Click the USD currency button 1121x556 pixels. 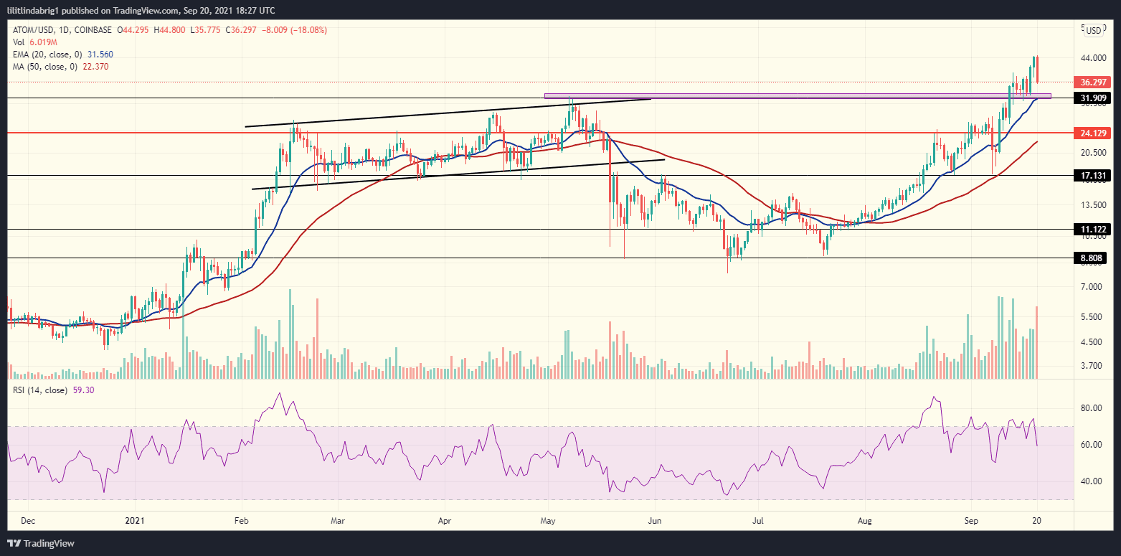click(1094, 30)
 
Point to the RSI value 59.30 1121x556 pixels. click(84, 390)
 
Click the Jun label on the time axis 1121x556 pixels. click(654, 522)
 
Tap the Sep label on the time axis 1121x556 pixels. click(971, 522)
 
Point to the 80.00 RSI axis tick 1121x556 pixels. click(1091, 408)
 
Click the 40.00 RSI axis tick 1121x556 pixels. click(1091, 481)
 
